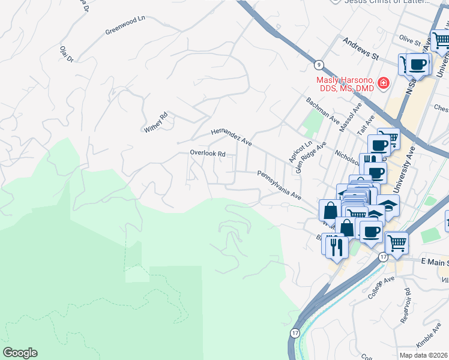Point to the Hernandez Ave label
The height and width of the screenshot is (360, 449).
[x=231, y=137]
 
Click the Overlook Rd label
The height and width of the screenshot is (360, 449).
[x=207, y=153]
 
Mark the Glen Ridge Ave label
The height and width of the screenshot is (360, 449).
[x=310, y=157]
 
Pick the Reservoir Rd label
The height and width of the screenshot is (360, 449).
[x=408, y=301]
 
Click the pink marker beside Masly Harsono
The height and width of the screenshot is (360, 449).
[x=383, y=83]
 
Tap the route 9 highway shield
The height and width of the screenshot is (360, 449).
[x=317, y=64]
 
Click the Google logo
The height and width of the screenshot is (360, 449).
[x=19, y=353]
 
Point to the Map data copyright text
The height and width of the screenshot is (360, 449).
[x=423, y=355]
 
